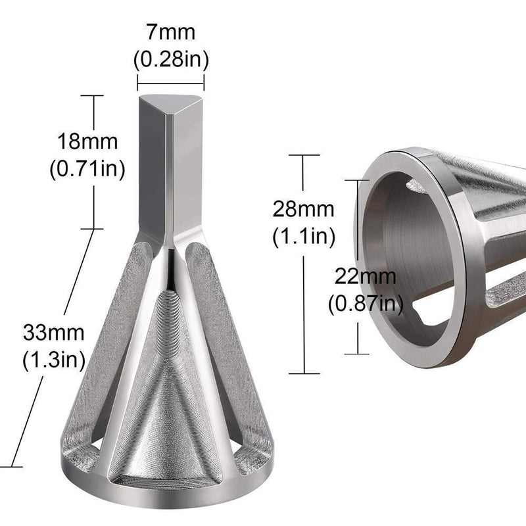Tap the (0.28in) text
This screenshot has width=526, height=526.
171,60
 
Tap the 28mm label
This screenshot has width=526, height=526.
304,208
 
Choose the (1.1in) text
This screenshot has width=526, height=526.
304,235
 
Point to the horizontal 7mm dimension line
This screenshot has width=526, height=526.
171,82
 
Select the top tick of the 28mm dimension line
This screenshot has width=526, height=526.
304,155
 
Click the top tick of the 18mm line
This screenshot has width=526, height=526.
92,96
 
